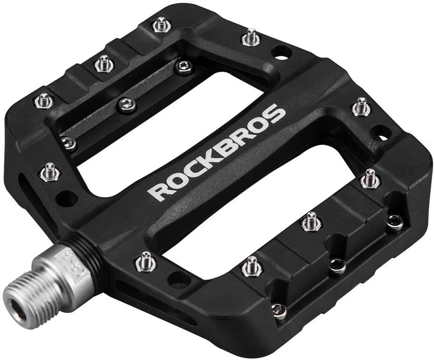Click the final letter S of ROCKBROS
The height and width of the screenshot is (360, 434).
tap(277, 113)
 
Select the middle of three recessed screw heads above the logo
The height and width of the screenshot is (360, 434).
tap(126, 105)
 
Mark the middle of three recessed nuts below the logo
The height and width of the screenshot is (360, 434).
tap(337, 266)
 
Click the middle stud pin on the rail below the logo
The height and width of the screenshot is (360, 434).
tap(311, 221)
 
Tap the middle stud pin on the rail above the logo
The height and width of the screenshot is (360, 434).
tap(104, 64)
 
